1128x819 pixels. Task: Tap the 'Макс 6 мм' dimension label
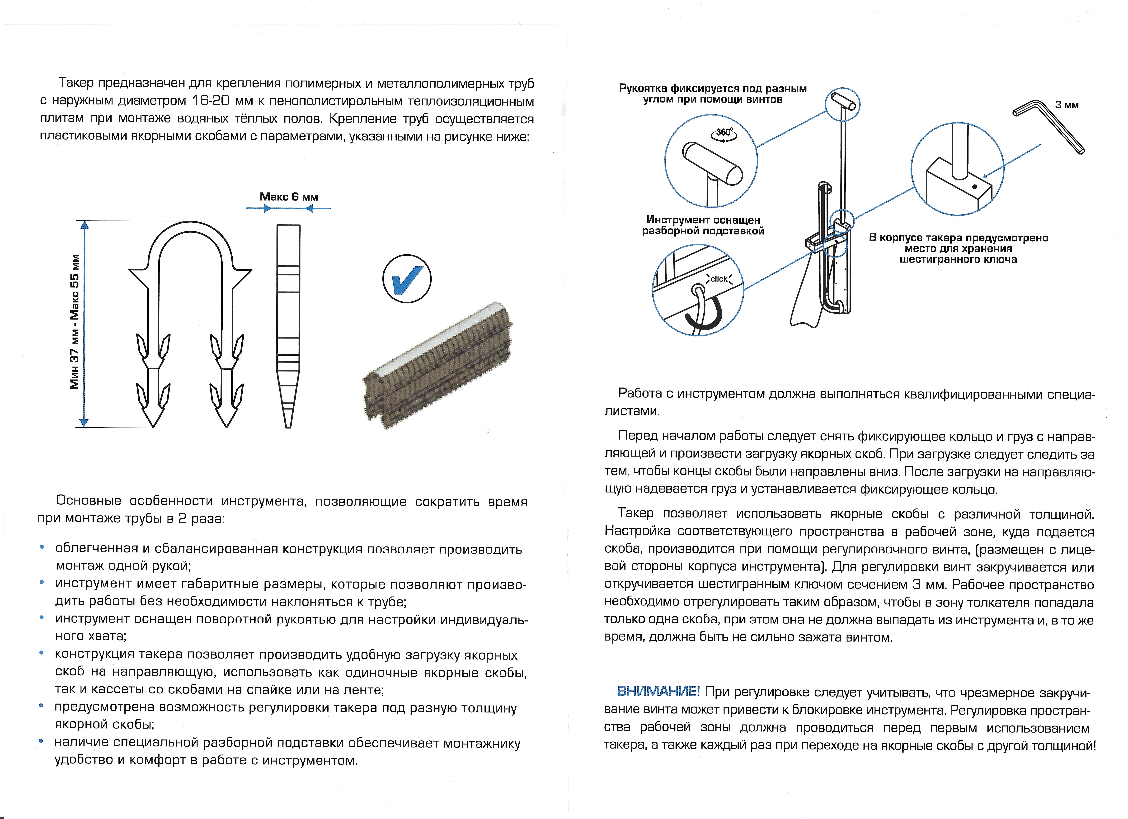click(288, 197)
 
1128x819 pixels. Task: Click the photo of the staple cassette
click(438, 366)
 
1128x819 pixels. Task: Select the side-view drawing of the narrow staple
click(288, 326)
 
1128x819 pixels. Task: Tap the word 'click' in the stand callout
click(719, 279)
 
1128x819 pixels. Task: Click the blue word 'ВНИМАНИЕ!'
click(658, 691)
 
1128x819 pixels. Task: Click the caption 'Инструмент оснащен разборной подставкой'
click(703, 225)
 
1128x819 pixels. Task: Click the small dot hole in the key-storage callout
click(974, 187)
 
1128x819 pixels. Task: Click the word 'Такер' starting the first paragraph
click(76, 83)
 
